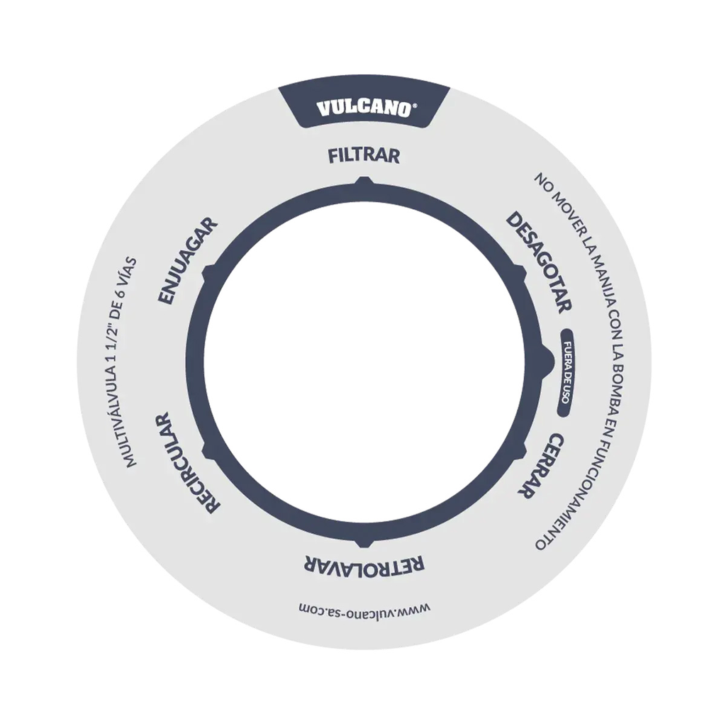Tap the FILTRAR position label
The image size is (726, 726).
click(364, 155)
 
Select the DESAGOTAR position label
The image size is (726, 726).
click(539, 262)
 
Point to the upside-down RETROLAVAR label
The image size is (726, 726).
click(364, 563)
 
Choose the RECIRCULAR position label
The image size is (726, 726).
click(186, 463)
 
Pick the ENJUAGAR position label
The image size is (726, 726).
click(187, 261)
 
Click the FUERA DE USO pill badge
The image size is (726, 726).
click(566, 373)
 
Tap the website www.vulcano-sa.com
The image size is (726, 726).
click(364, 609)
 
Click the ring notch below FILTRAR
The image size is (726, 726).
click(364, 180)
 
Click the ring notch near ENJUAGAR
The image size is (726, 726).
click(207, 273)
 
